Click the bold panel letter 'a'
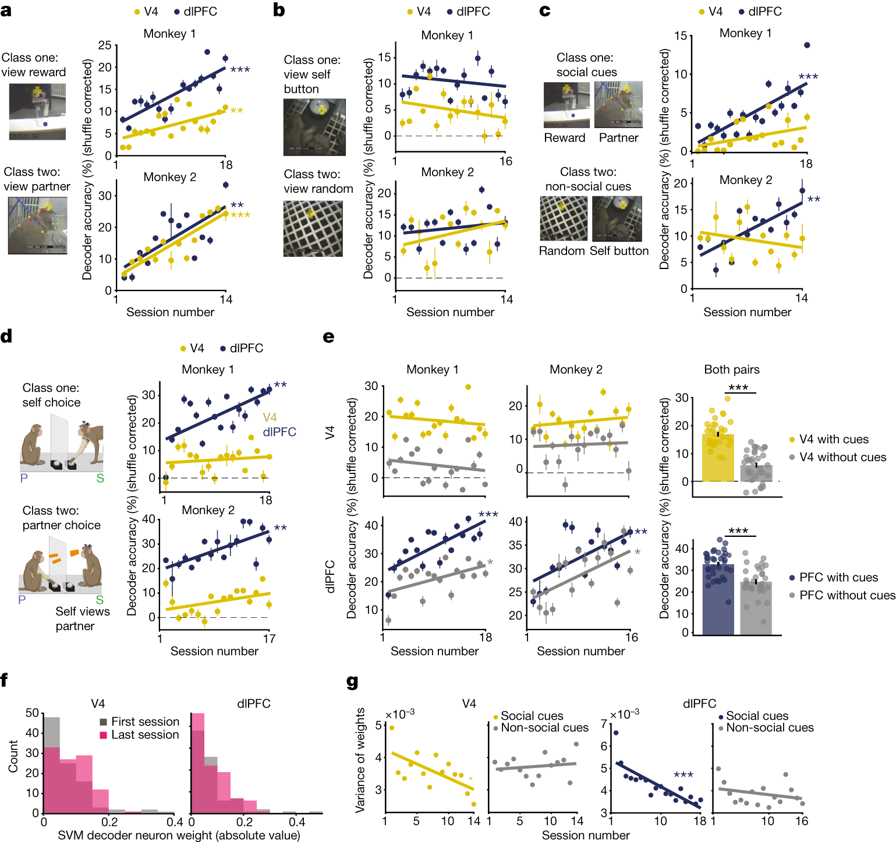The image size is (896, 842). (6, 10)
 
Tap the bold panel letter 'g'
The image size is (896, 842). (352, 681)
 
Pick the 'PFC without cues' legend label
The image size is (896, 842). (847, 595)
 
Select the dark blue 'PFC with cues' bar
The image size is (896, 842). (718, 600)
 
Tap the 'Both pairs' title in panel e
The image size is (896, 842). (732, 370)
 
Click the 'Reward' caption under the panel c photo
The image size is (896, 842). (564, 138)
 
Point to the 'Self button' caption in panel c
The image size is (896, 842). (619, 251)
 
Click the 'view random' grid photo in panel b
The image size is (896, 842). (313, 228)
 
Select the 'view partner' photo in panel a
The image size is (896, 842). (37, 225)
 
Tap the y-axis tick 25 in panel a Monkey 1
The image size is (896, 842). (105, 45)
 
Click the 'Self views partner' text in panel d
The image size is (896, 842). (82, 618)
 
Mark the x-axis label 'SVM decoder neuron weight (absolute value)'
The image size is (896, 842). (179, 835)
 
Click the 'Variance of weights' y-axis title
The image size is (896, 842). (360, 760)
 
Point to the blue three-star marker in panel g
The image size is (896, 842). (683, 775)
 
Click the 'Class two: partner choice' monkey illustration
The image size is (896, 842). (61, 570)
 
